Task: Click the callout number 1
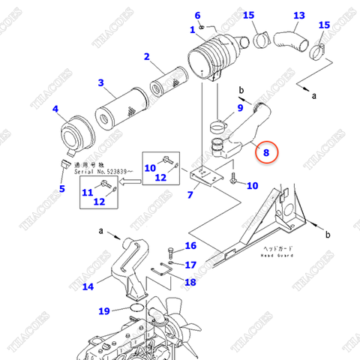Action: click(192, 29)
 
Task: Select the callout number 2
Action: click(147, 56)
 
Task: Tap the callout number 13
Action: click(298, 16)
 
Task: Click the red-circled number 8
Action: click(264, 152)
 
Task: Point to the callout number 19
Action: click(104, 310)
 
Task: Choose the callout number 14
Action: click(88, 286)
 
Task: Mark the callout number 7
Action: click(190, 195)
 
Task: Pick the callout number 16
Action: click(190, 245)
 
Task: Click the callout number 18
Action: click(190, 282)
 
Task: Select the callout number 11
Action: click(87, 192)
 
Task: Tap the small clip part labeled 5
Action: click(67, 163)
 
